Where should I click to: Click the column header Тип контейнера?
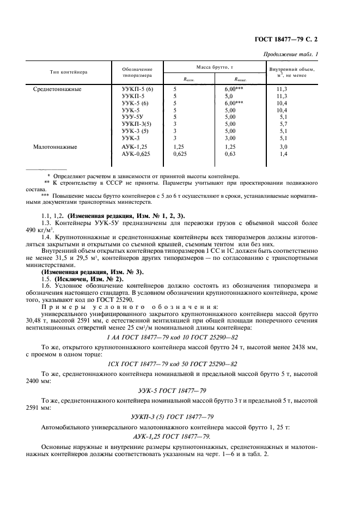[69, 72]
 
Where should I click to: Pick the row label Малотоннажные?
[55, 147]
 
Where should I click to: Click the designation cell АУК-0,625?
[136, 155]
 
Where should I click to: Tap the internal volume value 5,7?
[282, 124]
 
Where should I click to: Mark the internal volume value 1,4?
[282, 155]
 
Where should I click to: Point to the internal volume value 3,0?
[282, 147]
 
